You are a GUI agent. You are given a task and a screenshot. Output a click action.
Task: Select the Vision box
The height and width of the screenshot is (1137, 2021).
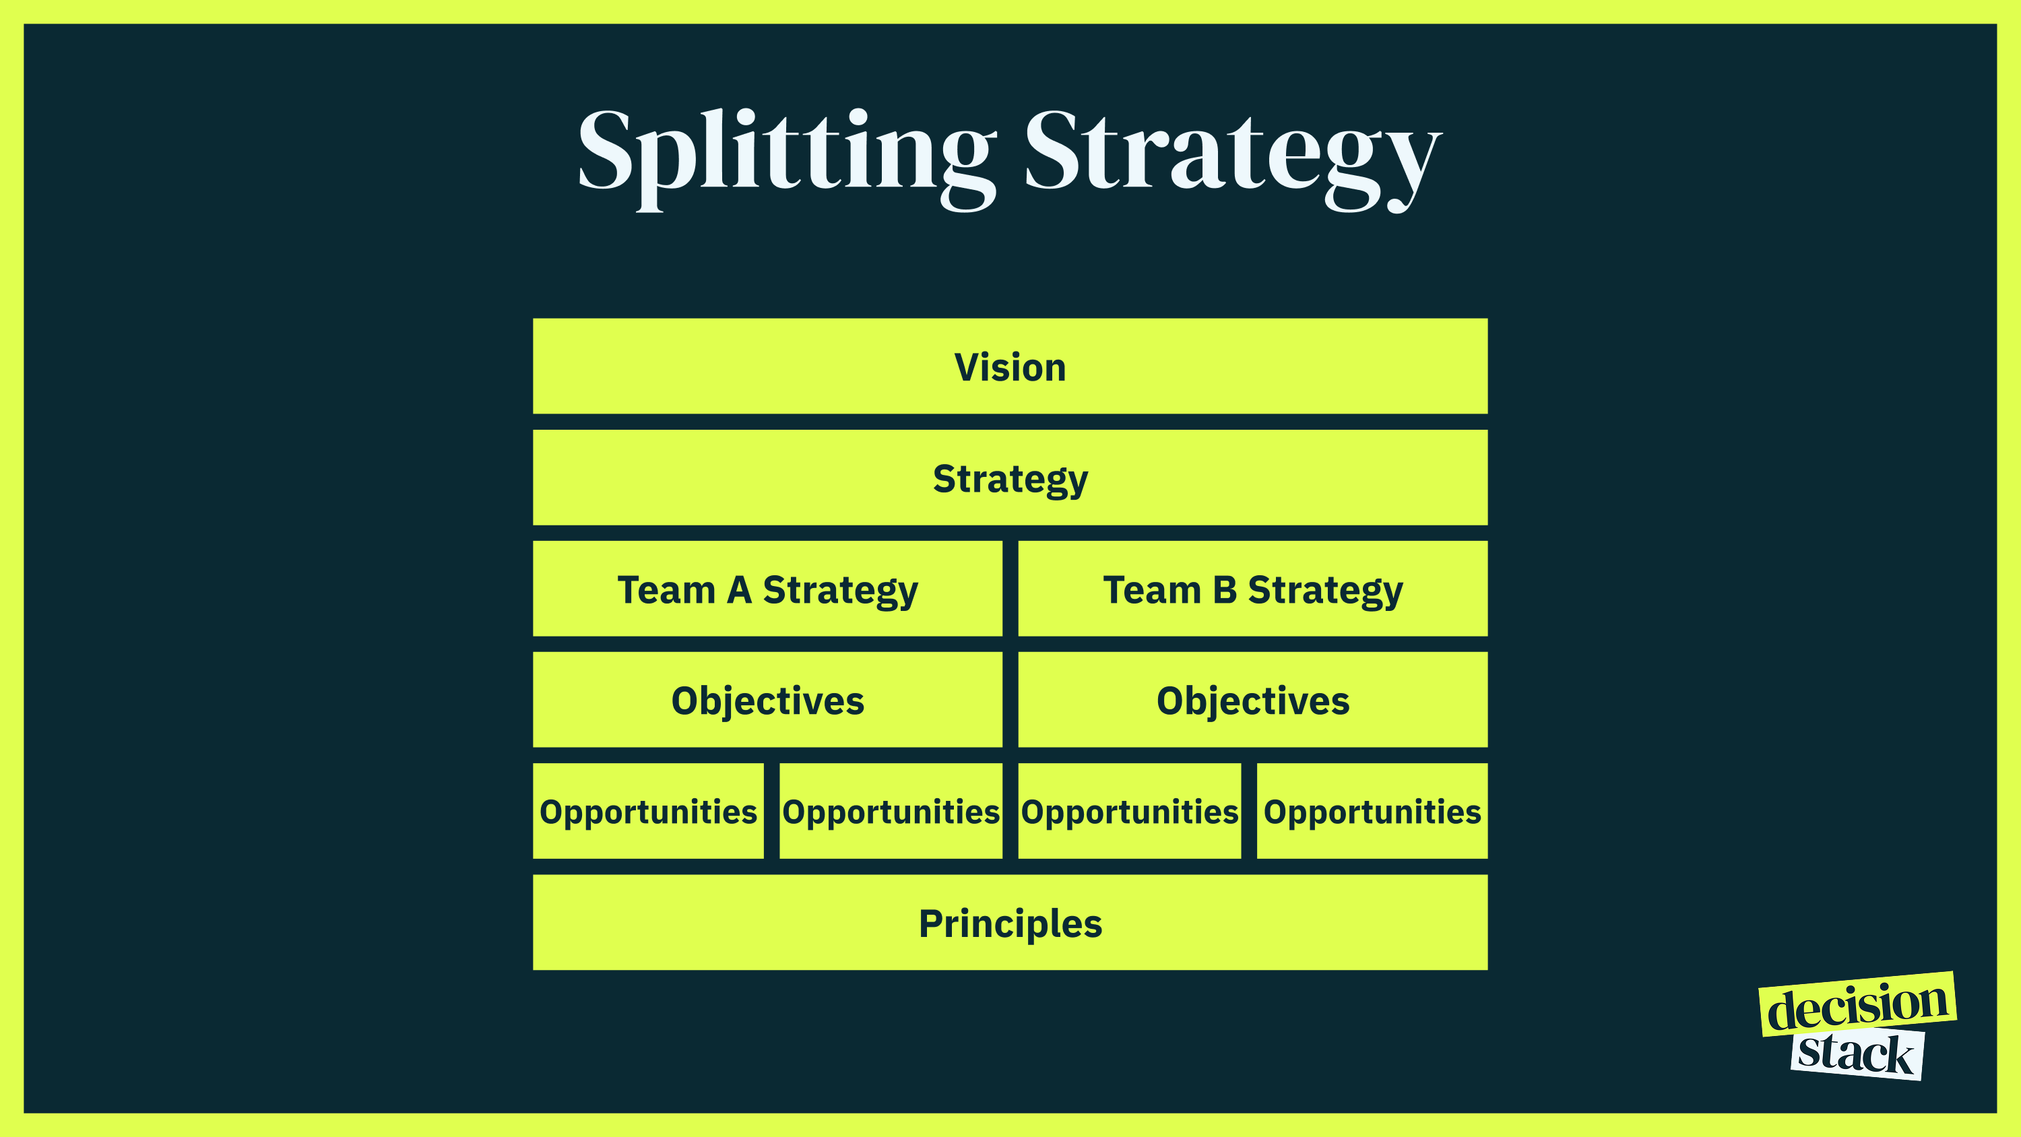coord(1010,366)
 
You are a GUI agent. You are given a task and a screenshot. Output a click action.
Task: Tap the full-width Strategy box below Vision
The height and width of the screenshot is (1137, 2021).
coord(1010,477)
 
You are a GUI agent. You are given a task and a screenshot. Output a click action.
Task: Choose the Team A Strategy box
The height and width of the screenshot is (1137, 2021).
coord(767,589)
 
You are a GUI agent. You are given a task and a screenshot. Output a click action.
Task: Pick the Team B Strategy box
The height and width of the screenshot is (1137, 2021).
coord(1252,589)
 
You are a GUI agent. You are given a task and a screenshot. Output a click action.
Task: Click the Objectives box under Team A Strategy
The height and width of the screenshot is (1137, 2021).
coord(767,700)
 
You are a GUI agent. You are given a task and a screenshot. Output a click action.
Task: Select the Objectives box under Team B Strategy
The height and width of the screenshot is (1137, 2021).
coord(1252,700)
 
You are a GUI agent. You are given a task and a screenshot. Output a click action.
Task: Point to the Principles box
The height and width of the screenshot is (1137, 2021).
coord(1010,922)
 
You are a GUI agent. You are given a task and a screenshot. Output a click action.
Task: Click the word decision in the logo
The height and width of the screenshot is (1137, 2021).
coord(1857,1006)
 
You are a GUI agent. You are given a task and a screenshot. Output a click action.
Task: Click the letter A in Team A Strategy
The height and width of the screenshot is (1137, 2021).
coord(739,590)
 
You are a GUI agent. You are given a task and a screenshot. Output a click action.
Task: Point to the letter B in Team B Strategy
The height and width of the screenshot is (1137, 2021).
coord(1225,590)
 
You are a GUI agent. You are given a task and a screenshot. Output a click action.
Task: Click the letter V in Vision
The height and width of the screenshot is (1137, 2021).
coord(967,367)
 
